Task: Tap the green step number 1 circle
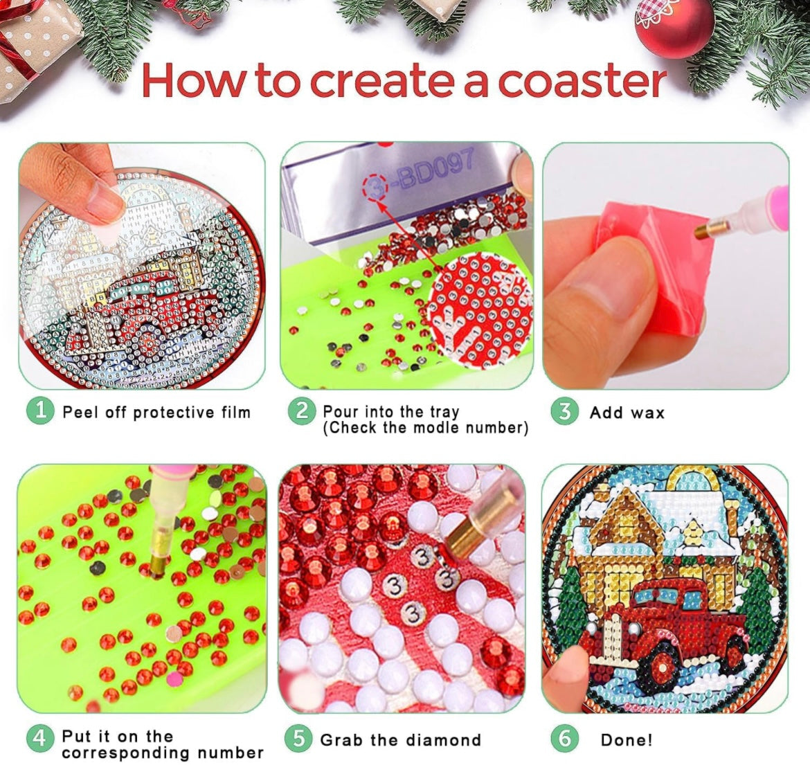click(x=40, y=411)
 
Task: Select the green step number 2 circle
click(x=302, y=411)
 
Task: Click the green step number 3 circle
click(x=565, y=412)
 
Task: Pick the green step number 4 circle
click(x=39, y=738)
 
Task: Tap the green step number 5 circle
click(x=298, y=739)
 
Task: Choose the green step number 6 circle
click(x=565, y=739)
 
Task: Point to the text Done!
click(x=627, y=740)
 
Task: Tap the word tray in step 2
click(x=444, y=412)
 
